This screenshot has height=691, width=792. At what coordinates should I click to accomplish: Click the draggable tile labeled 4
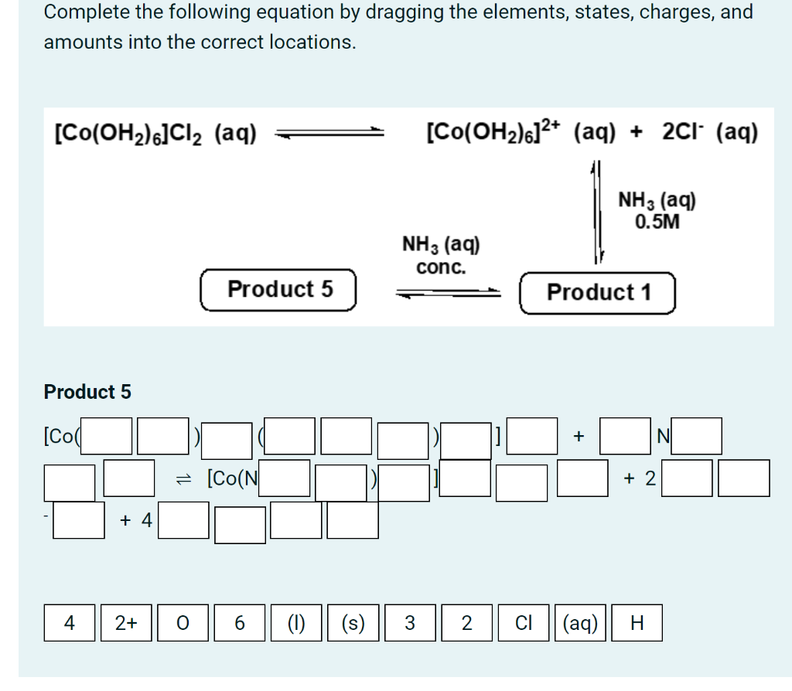70,623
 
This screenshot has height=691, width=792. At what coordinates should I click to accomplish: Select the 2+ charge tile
126,623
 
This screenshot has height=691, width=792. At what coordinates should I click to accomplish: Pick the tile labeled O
183,623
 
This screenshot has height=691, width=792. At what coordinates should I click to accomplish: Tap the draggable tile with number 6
239,623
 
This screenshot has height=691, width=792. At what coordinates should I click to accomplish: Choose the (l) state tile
295,623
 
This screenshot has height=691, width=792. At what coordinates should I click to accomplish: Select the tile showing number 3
409,623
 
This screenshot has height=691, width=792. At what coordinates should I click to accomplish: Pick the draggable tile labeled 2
466,623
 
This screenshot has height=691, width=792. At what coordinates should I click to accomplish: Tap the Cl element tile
523,623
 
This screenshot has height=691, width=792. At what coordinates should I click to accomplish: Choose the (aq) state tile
579,623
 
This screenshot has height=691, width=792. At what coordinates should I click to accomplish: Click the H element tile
637,623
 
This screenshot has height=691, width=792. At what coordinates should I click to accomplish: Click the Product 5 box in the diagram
279,290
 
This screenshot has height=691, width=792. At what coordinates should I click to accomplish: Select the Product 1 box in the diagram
598,293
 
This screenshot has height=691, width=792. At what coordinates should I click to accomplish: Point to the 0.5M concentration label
657,222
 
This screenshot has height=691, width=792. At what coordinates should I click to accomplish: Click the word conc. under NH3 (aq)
441,267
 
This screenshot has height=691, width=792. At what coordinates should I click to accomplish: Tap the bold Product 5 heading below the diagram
87,392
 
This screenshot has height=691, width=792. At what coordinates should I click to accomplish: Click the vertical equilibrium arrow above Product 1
596,213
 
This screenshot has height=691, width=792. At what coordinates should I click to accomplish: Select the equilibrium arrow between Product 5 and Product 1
449,293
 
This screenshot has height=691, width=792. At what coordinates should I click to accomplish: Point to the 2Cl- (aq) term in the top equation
710,132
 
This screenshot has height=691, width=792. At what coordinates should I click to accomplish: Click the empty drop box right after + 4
185,520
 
